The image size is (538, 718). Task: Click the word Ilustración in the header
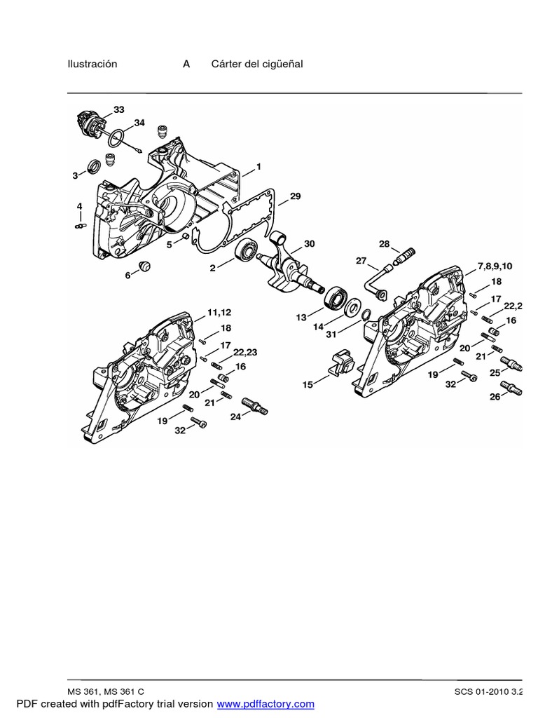pos(92,64)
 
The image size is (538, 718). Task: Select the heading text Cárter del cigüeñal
pos(257,64)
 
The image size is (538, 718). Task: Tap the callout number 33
pos(118,109)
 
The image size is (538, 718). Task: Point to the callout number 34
pos(139,123)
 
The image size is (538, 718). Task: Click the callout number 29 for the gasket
pos(295,196)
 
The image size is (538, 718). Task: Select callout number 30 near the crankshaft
pos(309,243)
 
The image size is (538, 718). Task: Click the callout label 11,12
pos(219,311)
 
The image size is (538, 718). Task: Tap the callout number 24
pos(235,416)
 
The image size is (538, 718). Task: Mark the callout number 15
pos(307,385)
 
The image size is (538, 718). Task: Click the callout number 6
pos(127,276)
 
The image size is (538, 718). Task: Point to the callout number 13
pos(301,318)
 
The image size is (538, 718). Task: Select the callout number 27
pos(361,261)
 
